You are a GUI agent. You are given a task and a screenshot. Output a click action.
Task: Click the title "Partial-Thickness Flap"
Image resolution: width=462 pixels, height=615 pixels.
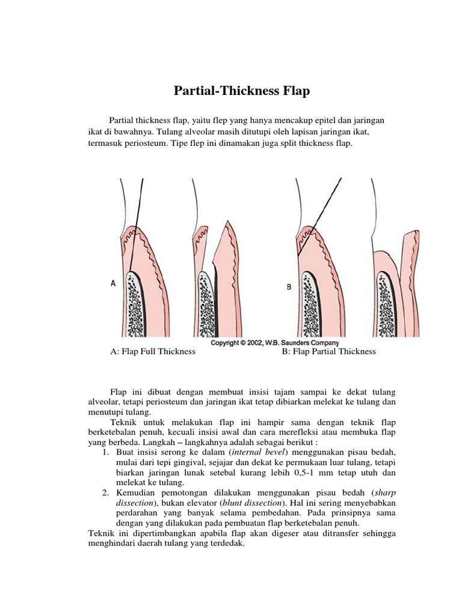point(241,91)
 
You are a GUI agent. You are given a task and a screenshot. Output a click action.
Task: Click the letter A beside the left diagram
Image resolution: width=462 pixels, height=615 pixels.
point(113,285)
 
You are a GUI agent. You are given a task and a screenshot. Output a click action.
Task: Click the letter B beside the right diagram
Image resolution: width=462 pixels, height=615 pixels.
point(289,287)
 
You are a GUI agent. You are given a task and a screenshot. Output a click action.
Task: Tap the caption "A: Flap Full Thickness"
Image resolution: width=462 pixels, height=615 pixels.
point(153,351)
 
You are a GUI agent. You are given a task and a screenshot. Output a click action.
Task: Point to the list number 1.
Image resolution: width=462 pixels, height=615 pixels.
point(105,452)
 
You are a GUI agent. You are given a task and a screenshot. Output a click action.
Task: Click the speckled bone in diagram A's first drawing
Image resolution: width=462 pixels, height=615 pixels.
point(137,300)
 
